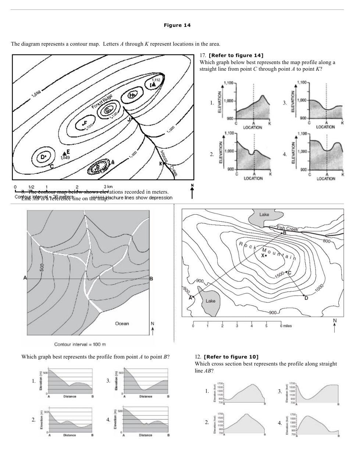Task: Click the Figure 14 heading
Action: [x=177, y=25]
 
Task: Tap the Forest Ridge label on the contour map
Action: [x=102, y=102]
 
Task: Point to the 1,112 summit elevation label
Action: [x=156, y=80]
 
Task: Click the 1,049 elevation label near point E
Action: [x=65, y=158]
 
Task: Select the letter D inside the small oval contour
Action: [x=42, y=157]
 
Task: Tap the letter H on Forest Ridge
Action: [x=132, y=95]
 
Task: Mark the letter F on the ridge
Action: [x=85, y=123]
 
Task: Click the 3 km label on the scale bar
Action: [x=108, y=187]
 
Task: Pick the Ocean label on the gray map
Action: [x=122, y=324]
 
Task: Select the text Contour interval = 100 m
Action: [x=80, y=345]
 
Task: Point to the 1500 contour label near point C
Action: [x=279, y=275]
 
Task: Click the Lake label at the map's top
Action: [x=264, y=215]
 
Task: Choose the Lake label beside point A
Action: [x=210, y=301]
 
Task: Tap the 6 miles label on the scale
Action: [x=286, y=326]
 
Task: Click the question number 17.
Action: [x=202, y=56]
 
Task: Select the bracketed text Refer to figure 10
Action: [x=231, y=357]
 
